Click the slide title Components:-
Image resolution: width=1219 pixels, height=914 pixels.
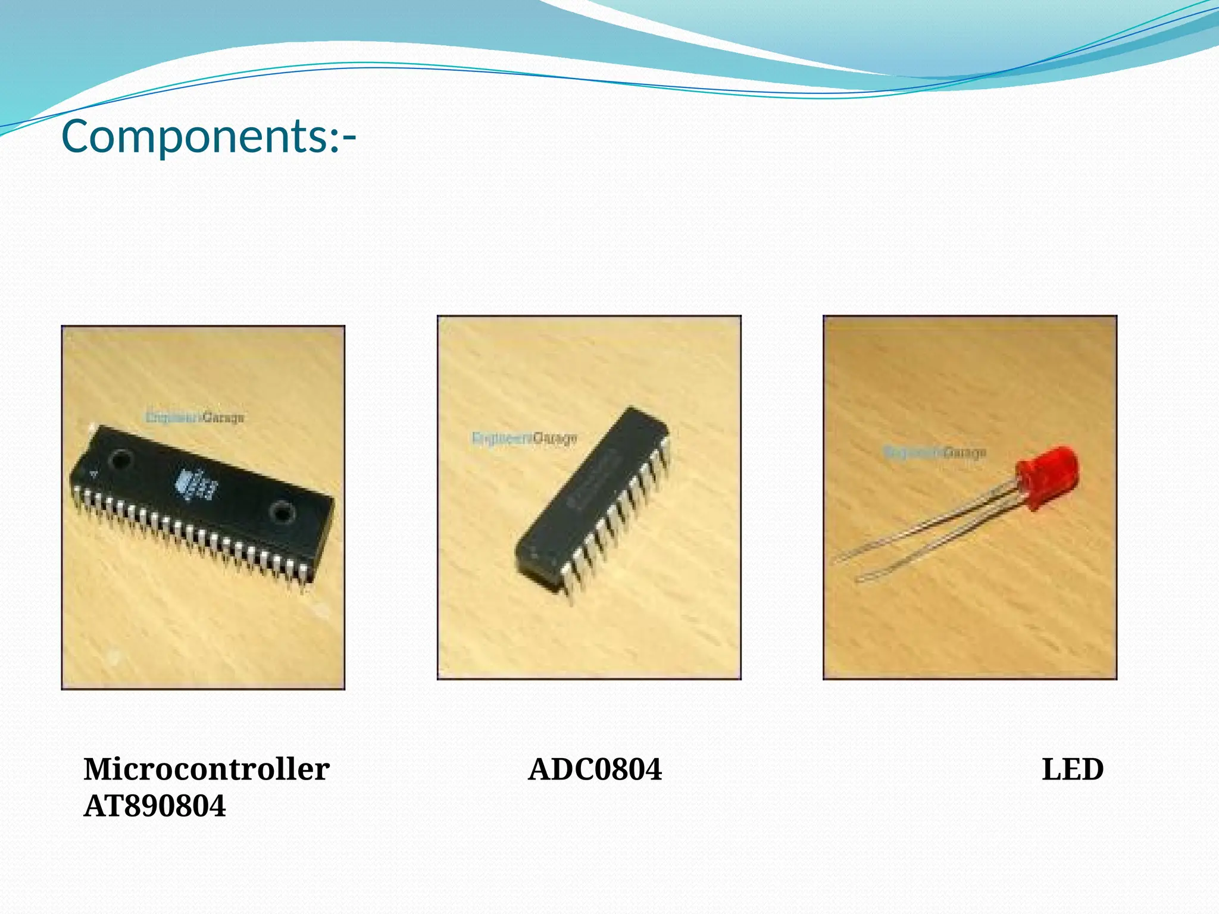point(208,136)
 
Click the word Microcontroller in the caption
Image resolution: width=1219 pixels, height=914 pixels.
point(206,769)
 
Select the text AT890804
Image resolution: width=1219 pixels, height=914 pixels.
point(155,806)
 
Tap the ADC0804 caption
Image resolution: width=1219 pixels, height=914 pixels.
point(595,769)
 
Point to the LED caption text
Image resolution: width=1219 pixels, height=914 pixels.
point(1073,769)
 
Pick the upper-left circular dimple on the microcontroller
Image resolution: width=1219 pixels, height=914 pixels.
point(121,460)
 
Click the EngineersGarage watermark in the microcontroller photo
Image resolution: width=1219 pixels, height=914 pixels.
point(195,417)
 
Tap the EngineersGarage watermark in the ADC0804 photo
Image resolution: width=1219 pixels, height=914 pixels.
point(524,439)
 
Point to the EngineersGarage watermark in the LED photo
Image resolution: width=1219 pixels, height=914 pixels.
point(934,453)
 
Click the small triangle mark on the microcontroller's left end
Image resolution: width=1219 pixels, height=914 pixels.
point(93,474)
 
